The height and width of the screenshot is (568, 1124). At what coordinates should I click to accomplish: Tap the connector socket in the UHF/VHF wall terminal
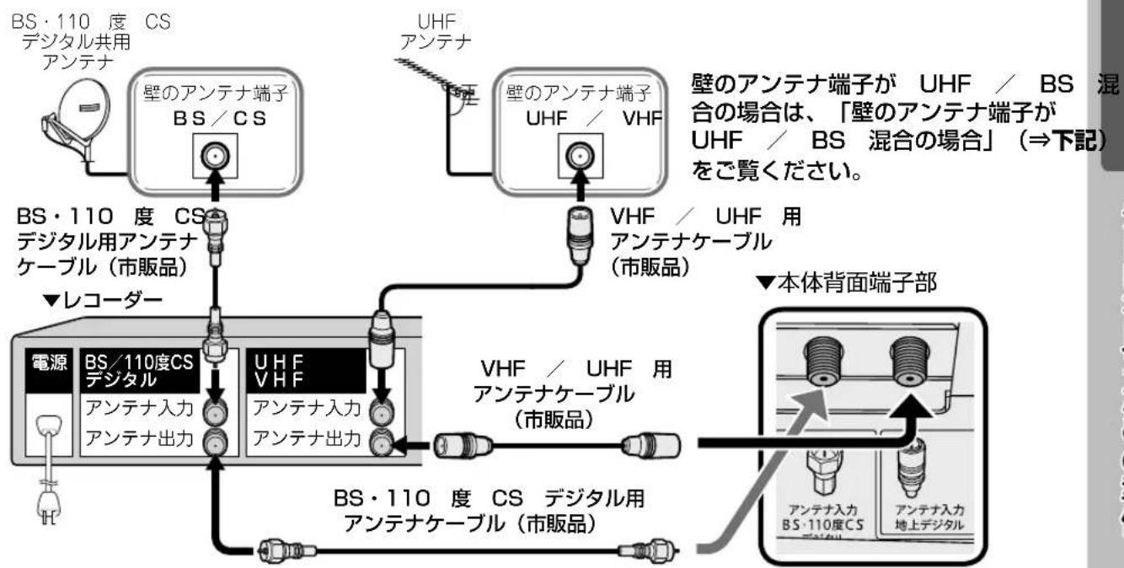[577, 158]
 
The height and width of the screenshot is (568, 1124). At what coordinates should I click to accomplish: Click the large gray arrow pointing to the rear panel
[775, 455]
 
